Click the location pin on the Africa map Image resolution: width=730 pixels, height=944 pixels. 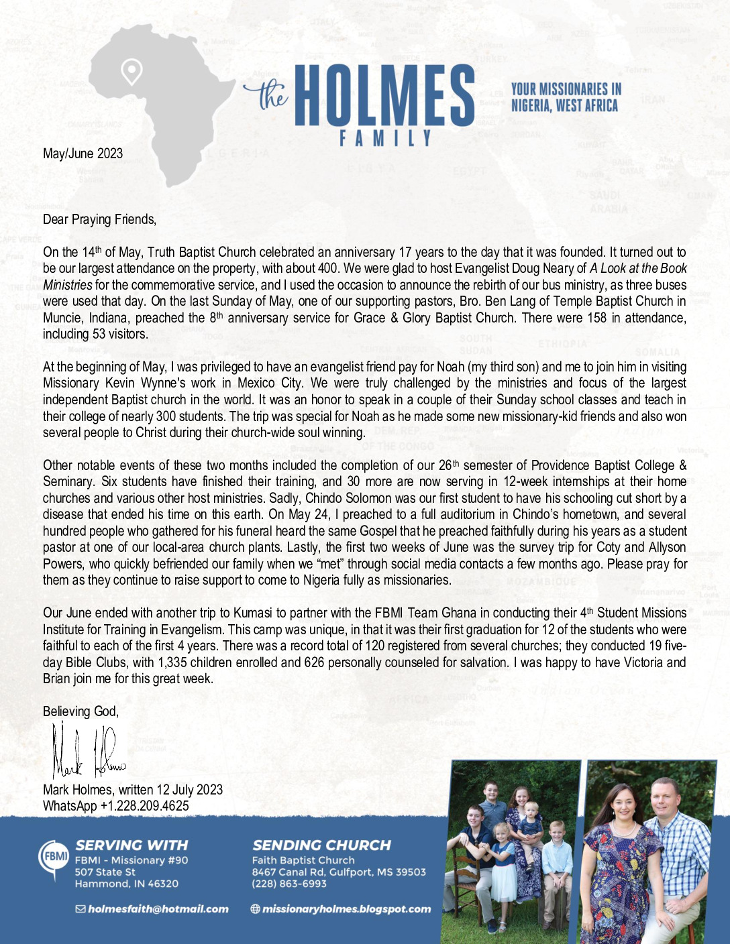pyautogui.click(x=132, y=70)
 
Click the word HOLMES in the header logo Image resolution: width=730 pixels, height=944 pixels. pyautogui.click(x=384, y=96)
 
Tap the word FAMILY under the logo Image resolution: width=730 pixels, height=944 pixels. pyautogui.click(x=385, y=139)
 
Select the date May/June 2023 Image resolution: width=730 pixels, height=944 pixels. pyautogui.click(x=83, y=154)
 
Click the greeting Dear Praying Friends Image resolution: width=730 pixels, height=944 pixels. pyautogui.click(x=99, y=219)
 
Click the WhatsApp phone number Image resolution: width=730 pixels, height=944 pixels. pyautogui.click(x=144, y=806)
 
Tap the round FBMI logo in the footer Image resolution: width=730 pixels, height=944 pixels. pyautogui.click(x=54, y=858)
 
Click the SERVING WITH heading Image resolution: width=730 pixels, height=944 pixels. pyautogui.click(x=132, y=845)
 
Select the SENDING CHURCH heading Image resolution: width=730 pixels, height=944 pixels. pyautogui.click(x=321, y=845)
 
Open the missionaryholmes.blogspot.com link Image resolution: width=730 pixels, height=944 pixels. pyautogui.click(x=346, y=909)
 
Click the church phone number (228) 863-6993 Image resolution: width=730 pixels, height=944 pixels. pyautogui.click(x=289, y=884)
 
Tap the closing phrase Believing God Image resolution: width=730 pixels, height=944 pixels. pyautogui.click(x=81, y=711)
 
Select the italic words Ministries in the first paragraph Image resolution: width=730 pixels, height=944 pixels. pyautogui.click(x=67, y=285)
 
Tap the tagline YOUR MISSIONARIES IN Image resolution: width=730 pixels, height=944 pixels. pyautogui.click(x=566, y=88)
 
